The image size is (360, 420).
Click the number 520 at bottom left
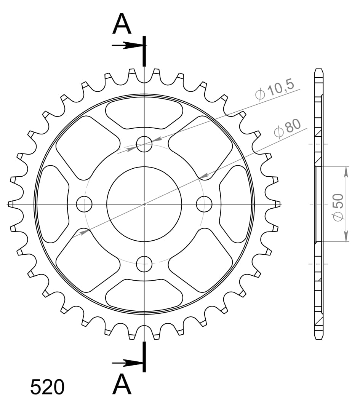47,388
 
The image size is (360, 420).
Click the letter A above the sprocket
122,25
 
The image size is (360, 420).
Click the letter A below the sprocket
122,385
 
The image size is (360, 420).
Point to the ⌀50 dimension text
338,206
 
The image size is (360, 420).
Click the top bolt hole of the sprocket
144,144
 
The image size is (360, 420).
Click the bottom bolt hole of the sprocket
144,263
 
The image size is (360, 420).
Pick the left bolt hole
84,204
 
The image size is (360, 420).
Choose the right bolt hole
204,204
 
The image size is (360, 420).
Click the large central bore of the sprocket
144,204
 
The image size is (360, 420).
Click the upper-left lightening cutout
86,147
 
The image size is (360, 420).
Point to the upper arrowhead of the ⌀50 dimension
346,171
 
